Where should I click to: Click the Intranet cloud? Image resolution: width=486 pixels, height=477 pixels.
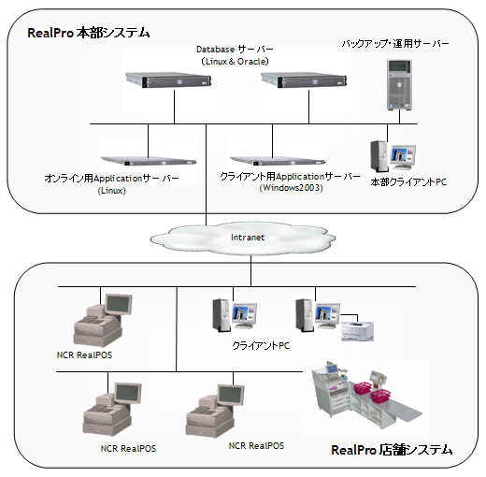(243, 238)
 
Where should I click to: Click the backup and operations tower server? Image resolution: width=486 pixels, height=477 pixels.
(399, 84)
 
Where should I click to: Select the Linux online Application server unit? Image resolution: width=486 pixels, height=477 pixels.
(149, 161)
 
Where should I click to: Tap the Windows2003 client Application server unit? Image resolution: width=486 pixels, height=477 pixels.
(278, 161)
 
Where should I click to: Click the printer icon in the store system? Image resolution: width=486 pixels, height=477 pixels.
(357, 331)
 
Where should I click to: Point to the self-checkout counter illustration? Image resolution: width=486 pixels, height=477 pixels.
(367, 395)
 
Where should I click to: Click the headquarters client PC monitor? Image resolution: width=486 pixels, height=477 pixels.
(404, 156)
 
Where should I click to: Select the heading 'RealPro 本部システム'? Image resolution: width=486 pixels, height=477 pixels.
(89, 33)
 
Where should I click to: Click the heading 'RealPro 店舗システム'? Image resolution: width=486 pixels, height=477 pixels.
(392, 450)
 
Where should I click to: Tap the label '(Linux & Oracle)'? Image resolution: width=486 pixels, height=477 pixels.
(235, 62)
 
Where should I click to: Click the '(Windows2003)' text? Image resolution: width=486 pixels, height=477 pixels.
(292, 188)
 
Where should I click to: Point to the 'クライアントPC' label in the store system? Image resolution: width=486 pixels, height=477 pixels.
(261, 345)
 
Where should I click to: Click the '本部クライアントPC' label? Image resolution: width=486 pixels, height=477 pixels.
(408, 182)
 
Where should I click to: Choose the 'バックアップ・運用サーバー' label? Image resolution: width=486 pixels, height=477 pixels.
(395, 44)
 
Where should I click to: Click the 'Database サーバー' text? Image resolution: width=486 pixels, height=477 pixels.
(235, 50)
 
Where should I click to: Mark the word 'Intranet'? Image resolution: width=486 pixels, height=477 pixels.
(248, 238)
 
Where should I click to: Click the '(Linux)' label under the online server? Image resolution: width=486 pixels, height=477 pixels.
(112, 191)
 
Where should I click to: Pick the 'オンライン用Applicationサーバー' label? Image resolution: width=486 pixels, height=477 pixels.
(111, 179)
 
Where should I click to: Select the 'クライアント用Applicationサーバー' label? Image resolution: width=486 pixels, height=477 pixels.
(290, 177)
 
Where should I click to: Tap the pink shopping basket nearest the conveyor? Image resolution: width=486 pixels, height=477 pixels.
(380, 396)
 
